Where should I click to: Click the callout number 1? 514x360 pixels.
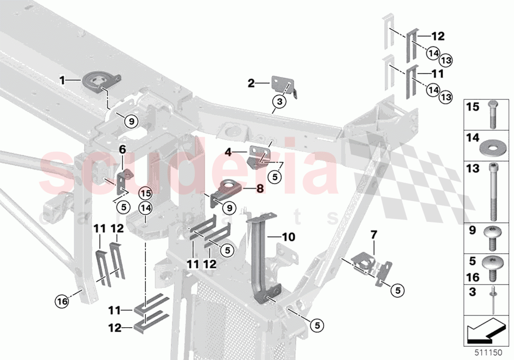[63, 79]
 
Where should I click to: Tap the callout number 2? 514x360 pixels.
[251, 84]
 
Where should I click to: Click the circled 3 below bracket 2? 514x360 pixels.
[280, 102]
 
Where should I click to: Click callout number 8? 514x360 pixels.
[259, 187]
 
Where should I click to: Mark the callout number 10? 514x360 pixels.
[289, 238]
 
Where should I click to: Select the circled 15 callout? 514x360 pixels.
[145, 192]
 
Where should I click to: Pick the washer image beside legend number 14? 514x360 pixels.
[491, 145]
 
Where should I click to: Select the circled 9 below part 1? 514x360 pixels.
[131, 120]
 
